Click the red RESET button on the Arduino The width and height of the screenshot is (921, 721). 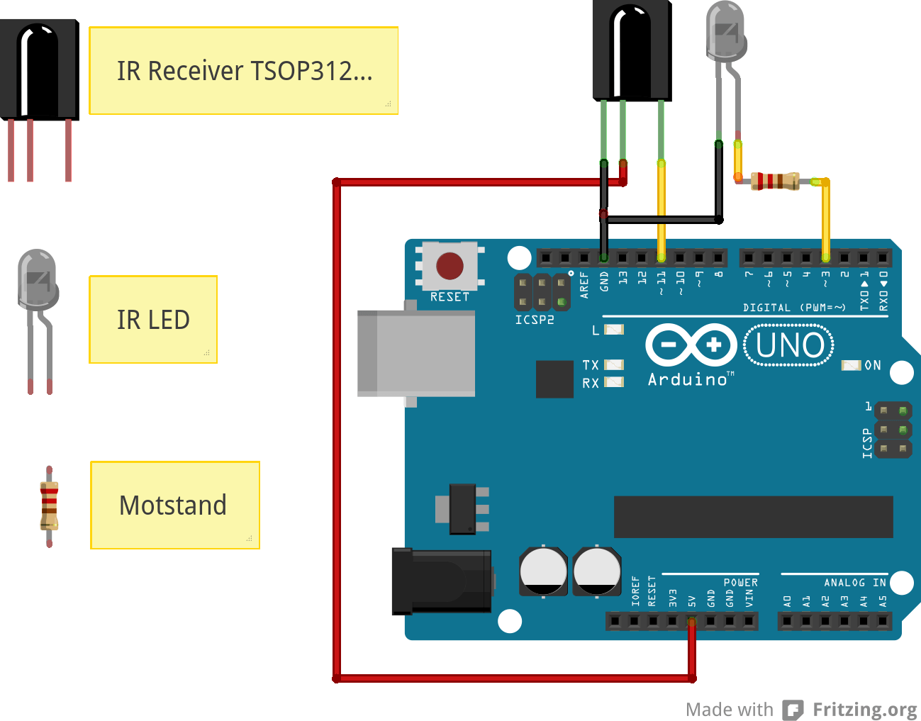pyautogui.click(x=450, y=266)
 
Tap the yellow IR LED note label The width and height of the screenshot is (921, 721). pyautogui.click(x=153, y=320)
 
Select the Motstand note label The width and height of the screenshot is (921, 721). pyautogui.click(x=174, y=505)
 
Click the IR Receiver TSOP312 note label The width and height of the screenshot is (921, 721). pyautogui.click(x=243, y=71)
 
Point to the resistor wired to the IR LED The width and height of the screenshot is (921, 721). pyautogui.click(x=775, y=181)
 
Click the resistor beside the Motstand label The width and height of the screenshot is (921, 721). pyautogui.click(x=49, y=505)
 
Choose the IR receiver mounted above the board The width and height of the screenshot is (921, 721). pyautogui.click(x=632, y=50)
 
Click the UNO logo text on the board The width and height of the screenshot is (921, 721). pyautogui.click(x=789, y=345)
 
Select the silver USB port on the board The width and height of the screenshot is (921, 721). pyautogui.click(x=416, y=352)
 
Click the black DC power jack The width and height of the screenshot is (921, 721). pyautogui.click(x=442, y=581)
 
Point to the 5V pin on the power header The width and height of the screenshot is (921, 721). pyautogui.click(x=691, y=622)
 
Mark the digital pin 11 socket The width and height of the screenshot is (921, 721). pyautogui.click(x=662, y=257)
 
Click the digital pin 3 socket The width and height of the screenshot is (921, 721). pyautogui.click(x=825, y=257)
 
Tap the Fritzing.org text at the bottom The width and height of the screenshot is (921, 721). pyautogui.click(x=864, y=710)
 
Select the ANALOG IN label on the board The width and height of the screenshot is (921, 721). pyautogui.click(x=854, y=583)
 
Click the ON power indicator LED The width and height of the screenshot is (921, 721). pyautogui.click(x=851, y=365)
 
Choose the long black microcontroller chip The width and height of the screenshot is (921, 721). pyautogui.click(x=753, y=517)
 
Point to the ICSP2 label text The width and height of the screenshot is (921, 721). pyautogui.click(x=535, y=320)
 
